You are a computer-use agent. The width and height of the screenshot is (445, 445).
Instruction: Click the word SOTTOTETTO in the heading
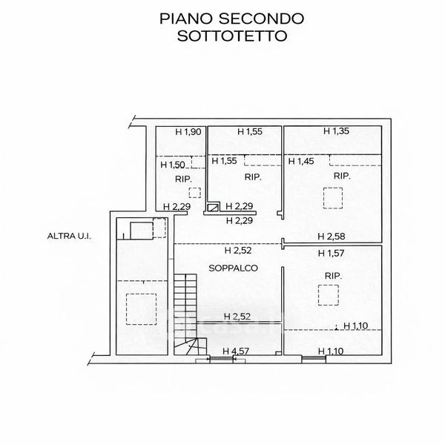222,36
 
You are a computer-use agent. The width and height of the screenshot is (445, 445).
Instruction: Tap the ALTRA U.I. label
65,237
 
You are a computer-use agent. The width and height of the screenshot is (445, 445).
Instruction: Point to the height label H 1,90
188,132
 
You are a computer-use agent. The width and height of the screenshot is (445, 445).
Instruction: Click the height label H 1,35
337,131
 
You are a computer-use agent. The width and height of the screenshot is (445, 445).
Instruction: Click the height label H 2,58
331,237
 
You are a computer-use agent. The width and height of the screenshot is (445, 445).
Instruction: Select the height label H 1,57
331,254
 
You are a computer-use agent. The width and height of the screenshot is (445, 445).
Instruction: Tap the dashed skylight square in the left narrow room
140,309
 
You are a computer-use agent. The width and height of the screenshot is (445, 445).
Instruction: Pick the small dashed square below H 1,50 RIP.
194,193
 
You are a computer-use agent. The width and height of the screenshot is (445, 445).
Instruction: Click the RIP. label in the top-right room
342,177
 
